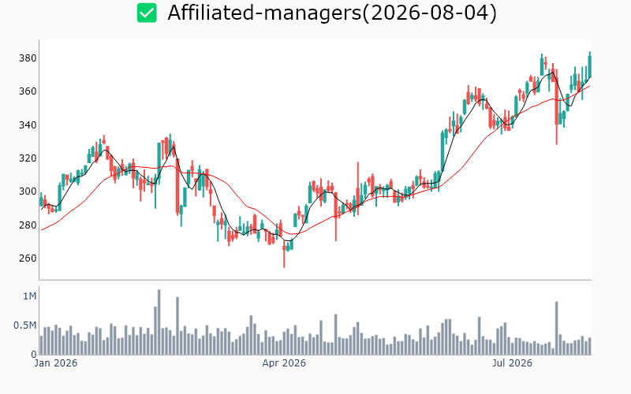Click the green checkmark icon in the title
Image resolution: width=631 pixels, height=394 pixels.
tap(147, 13)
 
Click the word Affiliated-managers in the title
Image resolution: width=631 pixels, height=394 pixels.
tap(264, 13)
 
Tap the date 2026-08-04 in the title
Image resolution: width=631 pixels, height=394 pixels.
tap(430, 13)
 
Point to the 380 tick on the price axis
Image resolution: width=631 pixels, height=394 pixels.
tap(28, 58)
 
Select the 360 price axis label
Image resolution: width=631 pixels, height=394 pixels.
tap(28, 91)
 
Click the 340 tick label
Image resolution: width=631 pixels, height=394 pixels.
tap(28, 125)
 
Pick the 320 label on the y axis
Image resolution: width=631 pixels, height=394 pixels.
tap(28, 158)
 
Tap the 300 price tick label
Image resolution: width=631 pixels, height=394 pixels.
tap(28, 191)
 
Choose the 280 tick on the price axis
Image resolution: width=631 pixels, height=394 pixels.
tap(28, 225)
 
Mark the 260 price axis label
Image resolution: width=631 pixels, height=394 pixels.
tap(28, 258)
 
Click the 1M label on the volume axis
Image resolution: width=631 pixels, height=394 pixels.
tap(30, 296)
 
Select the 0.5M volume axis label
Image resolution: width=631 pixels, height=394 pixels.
tap(25, 325)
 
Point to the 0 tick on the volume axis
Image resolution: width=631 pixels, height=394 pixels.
tap(34, 355)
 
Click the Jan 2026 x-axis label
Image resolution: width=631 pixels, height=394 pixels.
tap(56, 363)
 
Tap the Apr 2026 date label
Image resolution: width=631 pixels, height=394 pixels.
tap(284, 363)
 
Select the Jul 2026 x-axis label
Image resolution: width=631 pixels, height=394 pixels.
tap(512, 363)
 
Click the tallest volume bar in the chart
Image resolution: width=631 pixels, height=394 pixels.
tap(159, 322)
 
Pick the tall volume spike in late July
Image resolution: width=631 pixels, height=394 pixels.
tap(557, 328)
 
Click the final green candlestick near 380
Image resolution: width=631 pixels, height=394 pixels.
tap(590, 65)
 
